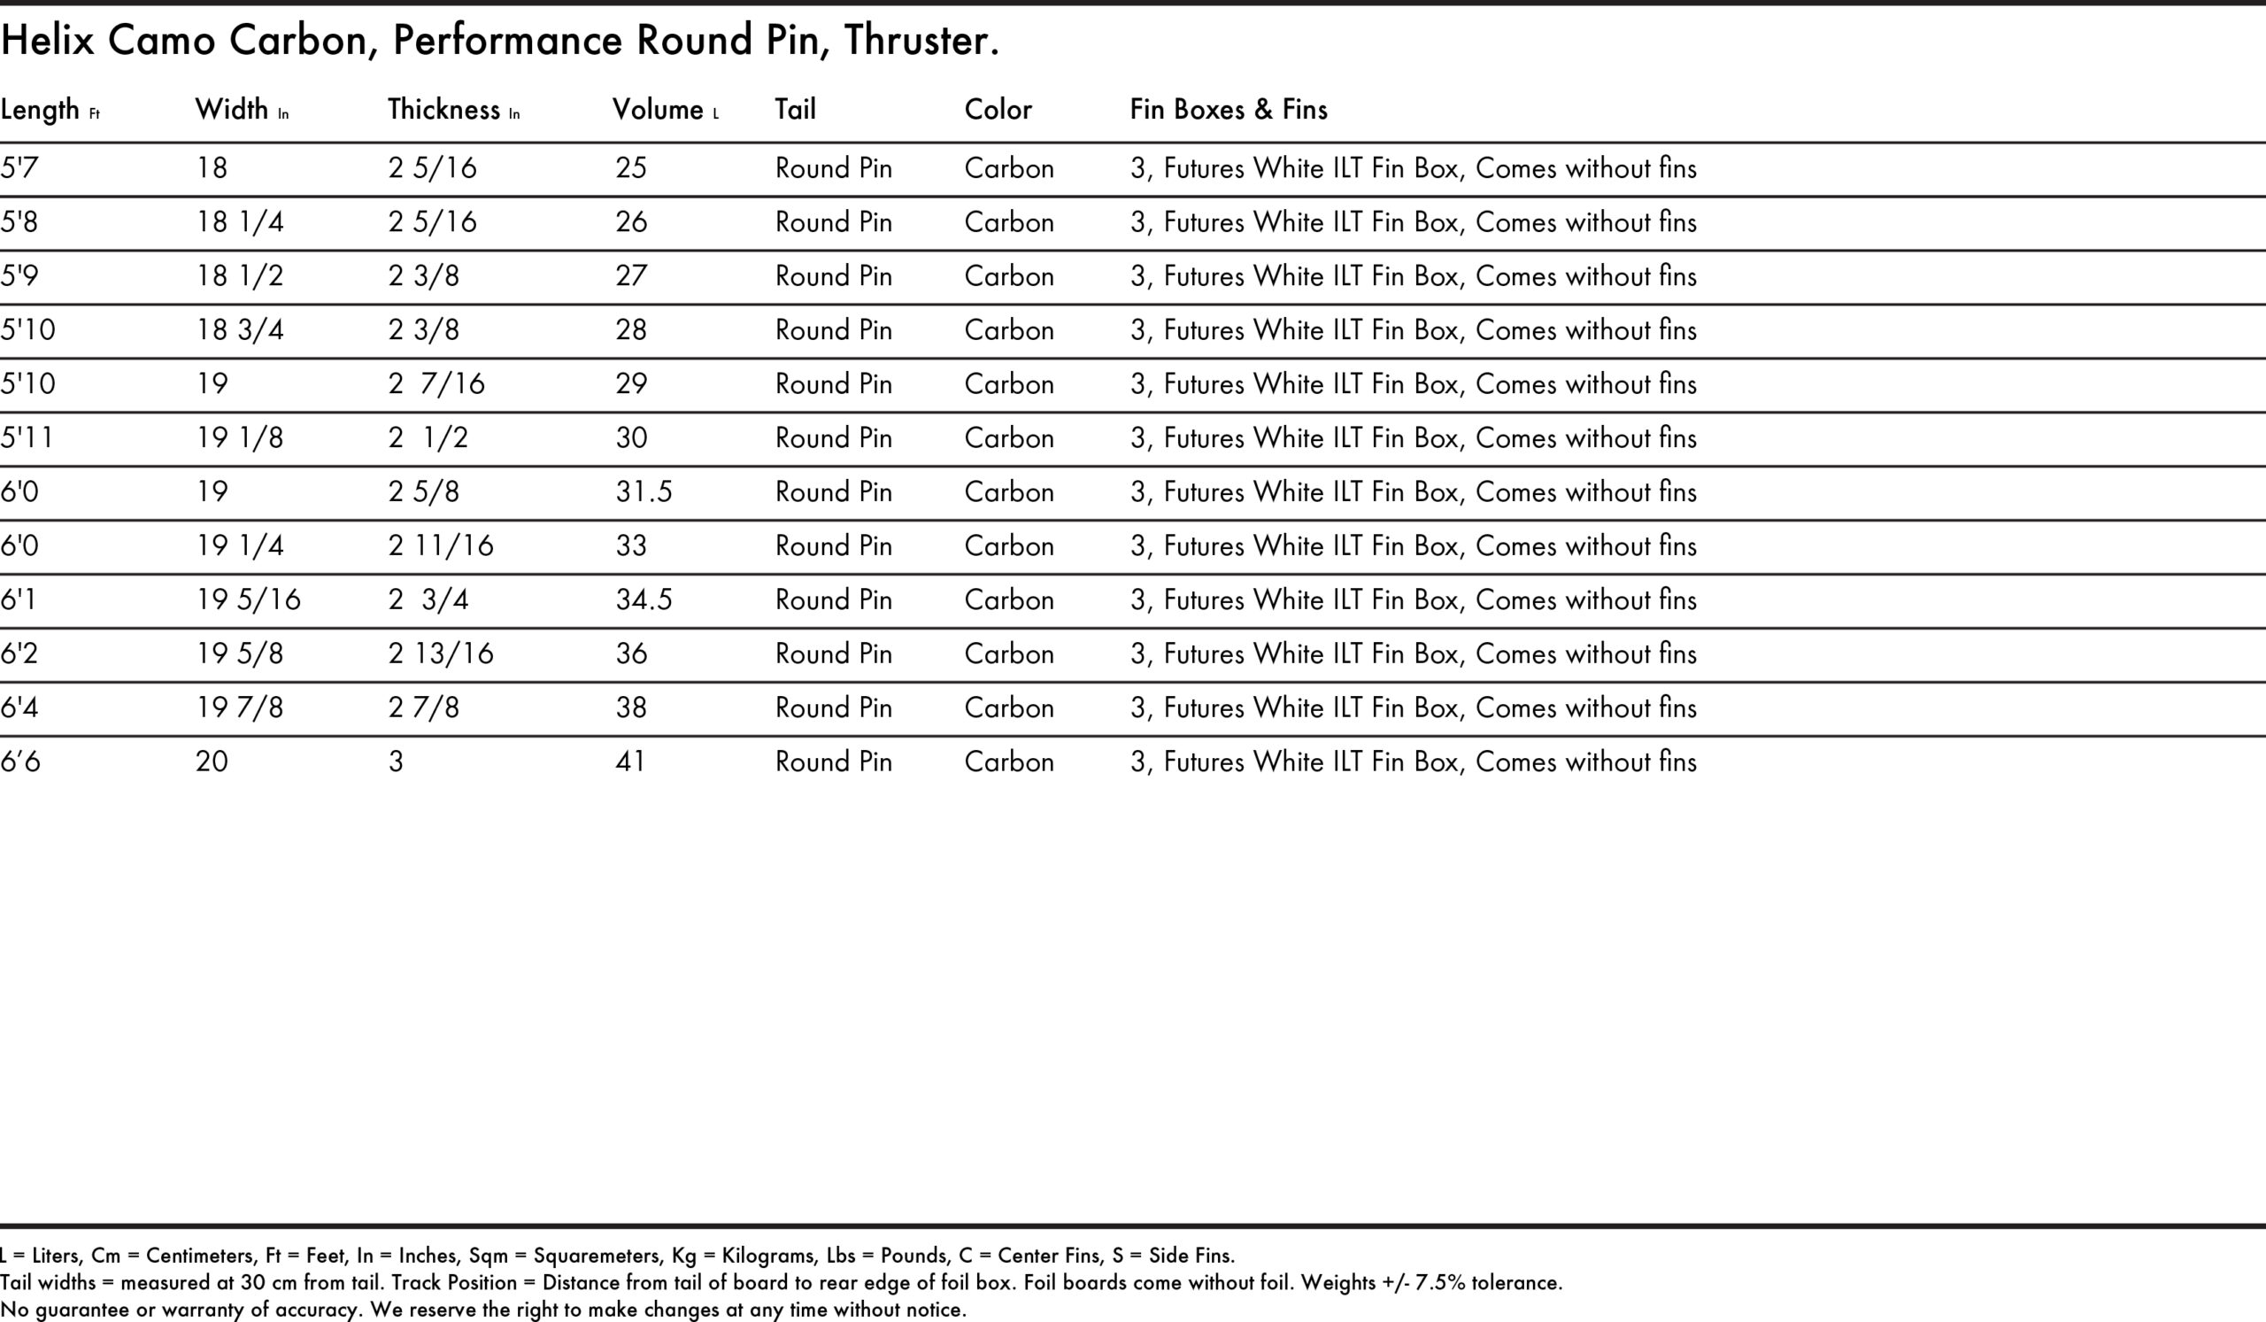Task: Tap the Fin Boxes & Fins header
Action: (1229, 110)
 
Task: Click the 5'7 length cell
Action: (19, 168)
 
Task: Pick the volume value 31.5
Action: (644, 492)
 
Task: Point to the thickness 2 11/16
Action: (441, 545)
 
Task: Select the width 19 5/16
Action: (248, 599)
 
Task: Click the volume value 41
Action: (630, 762)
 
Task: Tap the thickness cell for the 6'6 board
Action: (396, 762)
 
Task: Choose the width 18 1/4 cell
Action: (240, 222)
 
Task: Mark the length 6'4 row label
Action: (19, 707)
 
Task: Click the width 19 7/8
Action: (240, 707)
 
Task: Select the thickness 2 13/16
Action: (441, 653)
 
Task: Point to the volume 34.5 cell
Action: (644, 599)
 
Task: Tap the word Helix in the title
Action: (47, 41)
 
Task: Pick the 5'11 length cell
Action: (27, 438)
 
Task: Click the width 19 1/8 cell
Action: (240, 438)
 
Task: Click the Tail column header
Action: (796, 110)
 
